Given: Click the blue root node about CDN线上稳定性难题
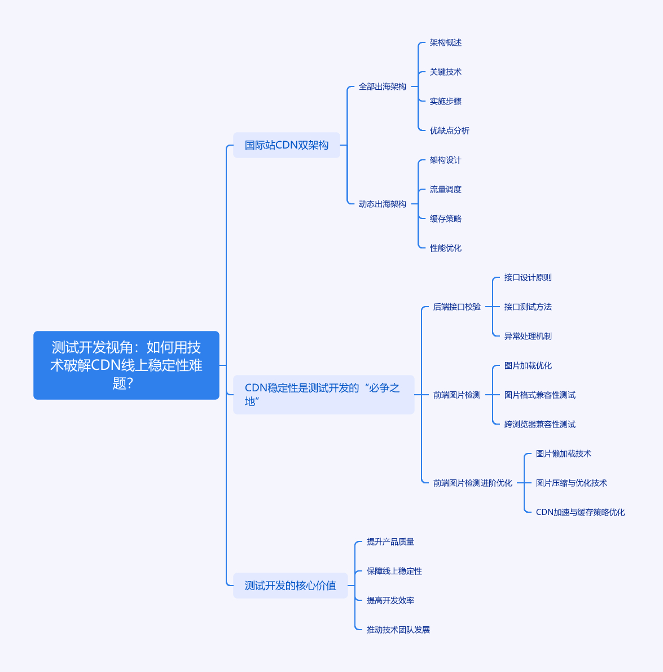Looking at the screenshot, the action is [x=126, y=365].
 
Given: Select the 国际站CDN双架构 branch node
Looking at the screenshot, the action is [x=287, y=145].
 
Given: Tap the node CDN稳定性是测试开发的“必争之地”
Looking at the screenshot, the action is [x=324, y=395].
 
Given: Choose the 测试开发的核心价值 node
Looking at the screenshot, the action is [x=291, y=586].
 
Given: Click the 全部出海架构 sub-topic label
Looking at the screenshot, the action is [x=383, y=86].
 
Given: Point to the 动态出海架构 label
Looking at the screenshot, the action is [x=383, y=204].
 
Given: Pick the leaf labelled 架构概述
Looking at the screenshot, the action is [x=445, y=42].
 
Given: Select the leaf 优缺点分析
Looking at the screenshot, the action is [x=449, y=130].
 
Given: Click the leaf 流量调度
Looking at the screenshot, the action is [x=445, y=189].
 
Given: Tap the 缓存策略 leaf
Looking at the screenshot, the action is [x=445, y=219].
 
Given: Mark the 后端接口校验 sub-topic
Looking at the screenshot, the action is [x=457, y=307].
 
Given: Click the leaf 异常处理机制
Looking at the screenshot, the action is [x=528, y=336].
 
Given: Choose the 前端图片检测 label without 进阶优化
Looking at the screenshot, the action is [x=457, y=395].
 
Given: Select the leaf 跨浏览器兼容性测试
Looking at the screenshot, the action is [x=539, y=424].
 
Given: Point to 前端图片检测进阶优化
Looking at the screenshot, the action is [x=472, y=483].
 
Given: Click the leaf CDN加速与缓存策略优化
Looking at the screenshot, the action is [x=581, y=512].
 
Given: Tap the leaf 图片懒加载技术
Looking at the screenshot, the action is [x=563, y=453].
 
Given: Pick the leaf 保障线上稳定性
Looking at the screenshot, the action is [x=394, y=571].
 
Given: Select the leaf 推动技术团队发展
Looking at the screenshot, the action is [x=398, y=630].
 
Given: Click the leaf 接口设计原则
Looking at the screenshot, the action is [x=528, y=277].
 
